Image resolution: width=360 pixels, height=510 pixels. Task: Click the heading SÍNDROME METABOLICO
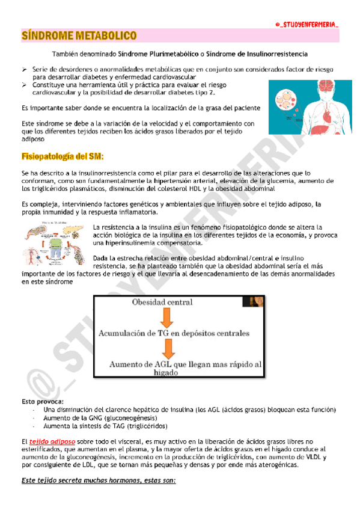pyautogui.click(x=78, y=36)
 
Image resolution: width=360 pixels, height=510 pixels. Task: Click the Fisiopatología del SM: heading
pyautogui.click(x=63, y=157)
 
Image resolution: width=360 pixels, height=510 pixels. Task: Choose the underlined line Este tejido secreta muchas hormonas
pyautogui.click(x=98, y=482)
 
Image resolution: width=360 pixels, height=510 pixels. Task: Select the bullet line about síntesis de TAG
pyautogui.click(x=98, y=425)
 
